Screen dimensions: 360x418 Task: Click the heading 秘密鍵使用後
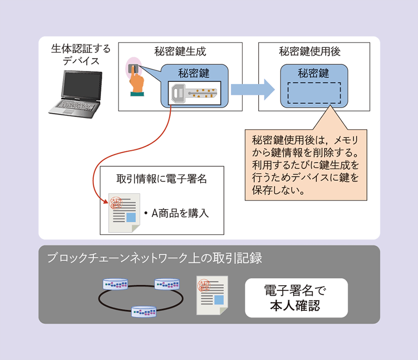[x=310, y=51]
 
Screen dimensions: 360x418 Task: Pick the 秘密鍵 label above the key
[x=194, y=73]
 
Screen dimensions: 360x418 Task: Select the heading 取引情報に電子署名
[x=162, y=179]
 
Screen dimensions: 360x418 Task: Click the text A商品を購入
[x=176, y=213]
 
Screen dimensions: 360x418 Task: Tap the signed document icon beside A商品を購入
[x=123, y=212]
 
